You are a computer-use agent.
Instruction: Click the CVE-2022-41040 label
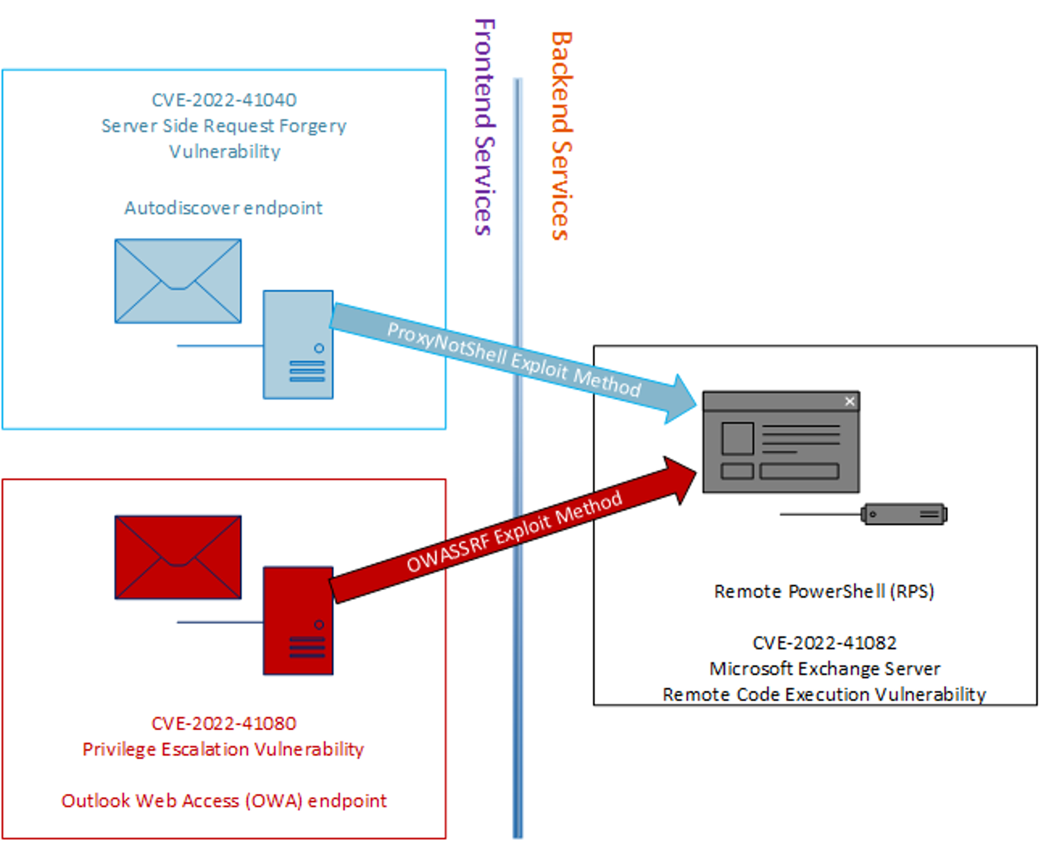tap(224, 100)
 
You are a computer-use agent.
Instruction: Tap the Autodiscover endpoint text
tap(223, 208)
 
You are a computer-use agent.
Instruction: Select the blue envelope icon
tap(178, 281)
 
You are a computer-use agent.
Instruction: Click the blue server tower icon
tap(298, 344)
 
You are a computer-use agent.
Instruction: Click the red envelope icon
tap(178, 557)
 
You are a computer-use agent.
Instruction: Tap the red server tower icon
tap(298, 621)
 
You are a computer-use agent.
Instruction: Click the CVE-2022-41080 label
tap(224, 724)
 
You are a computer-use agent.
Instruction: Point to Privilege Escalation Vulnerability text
tap(223, 749)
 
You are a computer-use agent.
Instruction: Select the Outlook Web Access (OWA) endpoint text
tap(224, 801)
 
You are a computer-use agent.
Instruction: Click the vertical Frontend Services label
tap(484, 127)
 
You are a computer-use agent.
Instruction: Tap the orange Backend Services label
tap(561, 136)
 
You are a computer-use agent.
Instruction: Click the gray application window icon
tap(781, 442)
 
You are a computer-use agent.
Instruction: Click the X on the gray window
tap(850, 401)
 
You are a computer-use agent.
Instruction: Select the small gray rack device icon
tap(904, 514)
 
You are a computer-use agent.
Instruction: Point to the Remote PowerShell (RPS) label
tap(824, 591)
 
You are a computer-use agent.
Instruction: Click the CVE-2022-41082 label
tap(824, 643)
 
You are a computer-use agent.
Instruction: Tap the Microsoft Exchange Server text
tap(824, 669)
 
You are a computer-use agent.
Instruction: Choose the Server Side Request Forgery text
tap(224, 126)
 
